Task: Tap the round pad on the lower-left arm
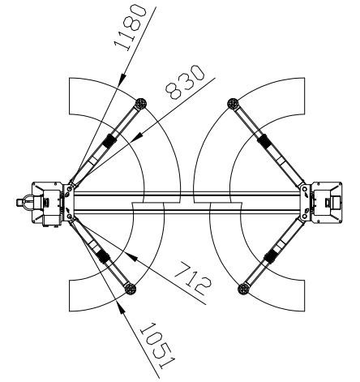pos(130,286)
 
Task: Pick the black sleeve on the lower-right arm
pos(268,257)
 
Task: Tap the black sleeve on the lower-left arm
pos(104,257)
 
